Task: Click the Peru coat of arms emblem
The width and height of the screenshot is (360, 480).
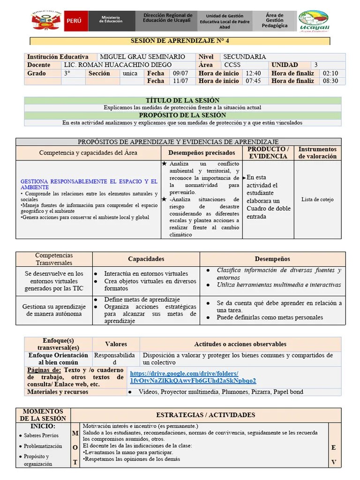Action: point(46,22)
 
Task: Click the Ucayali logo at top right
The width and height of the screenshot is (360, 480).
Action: point(314,22)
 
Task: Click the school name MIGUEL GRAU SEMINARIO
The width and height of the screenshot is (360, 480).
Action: point(143,57)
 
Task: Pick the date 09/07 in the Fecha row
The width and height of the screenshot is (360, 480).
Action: point(180,73)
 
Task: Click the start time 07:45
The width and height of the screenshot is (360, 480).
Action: point(253,81)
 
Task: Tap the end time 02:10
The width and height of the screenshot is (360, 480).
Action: point(330,73)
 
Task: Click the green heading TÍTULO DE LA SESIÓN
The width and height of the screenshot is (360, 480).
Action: point(183,100)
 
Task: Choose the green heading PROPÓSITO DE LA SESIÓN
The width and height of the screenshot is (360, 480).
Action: point(183,115)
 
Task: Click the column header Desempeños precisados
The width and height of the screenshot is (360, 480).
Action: point(202,153)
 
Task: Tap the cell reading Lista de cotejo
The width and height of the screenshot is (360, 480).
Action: point(317,199)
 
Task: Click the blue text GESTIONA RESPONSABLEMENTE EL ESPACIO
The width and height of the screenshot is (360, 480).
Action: point(89,184)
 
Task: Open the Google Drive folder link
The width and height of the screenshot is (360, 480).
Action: point(193,377)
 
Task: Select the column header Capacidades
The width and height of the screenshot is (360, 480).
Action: point(146,259)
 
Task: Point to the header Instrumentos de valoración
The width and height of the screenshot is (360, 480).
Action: point(317,153)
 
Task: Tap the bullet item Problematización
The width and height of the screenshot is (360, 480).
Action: point(43,446)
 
